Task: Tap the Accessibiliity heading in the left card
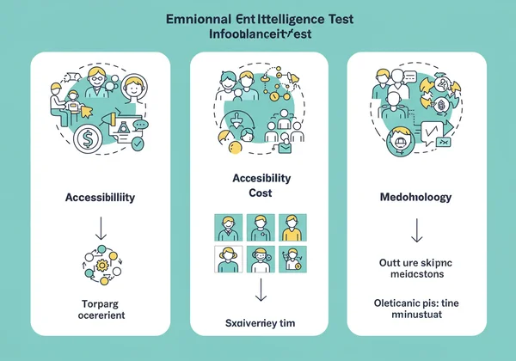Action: point(99,197)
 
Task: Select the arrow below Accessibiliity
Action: point(99,228)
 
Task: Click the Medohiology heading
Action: point(415,197)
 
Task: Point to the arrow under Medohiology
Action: point(416,229)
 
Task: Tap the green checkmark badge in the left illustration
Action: point(138,144)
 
